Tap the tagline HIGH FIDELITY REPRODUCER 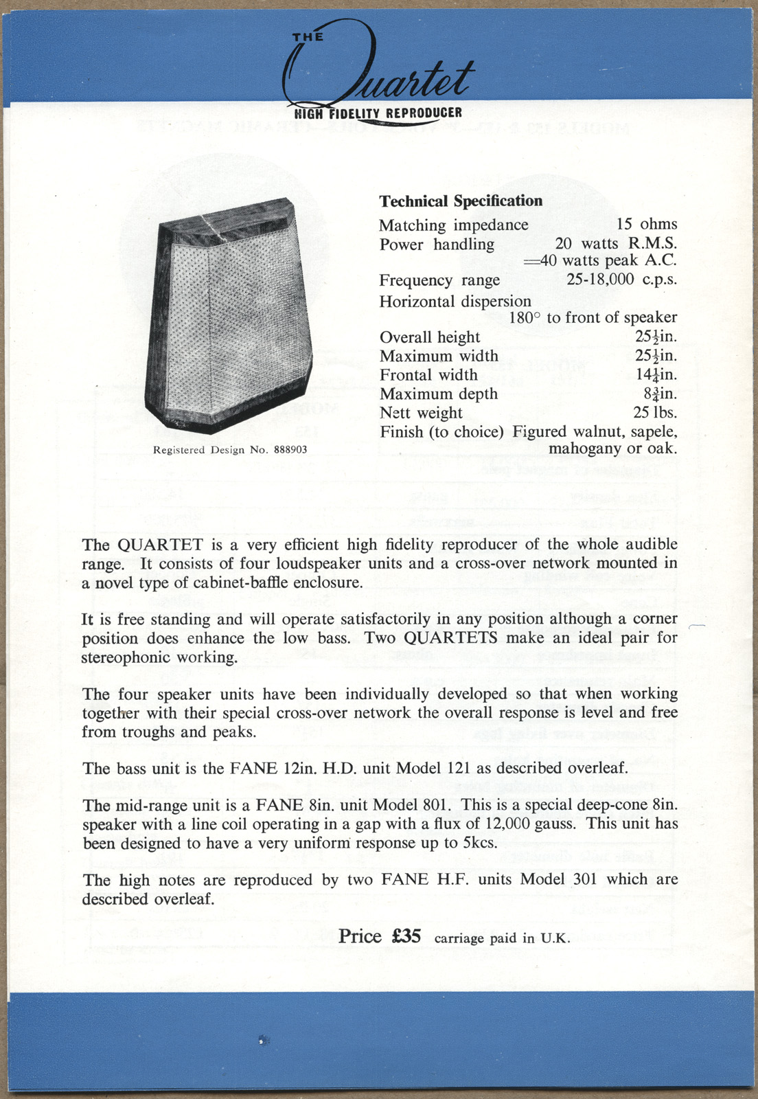(x=378, y=113)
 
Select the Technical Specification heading (x=461, y=201)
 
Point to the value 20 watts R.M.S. (x=616, y=243)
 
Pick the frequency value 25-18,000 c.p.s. (x=621, y=280)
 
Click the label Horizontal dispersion (x=455, y=302)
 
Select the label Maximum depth (x=438, y=394)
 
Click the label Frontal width (x=428, y=375)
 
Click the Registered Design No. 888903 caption (x=230, y=450)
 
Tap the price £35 (x=406, y=937)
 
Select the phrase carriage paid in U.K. (x=502, y=938)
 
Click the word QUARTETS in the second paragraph (x=450, y=637)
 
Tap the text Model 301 (x=555, y=880)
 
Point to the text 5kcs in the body (x=478, y=843)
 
